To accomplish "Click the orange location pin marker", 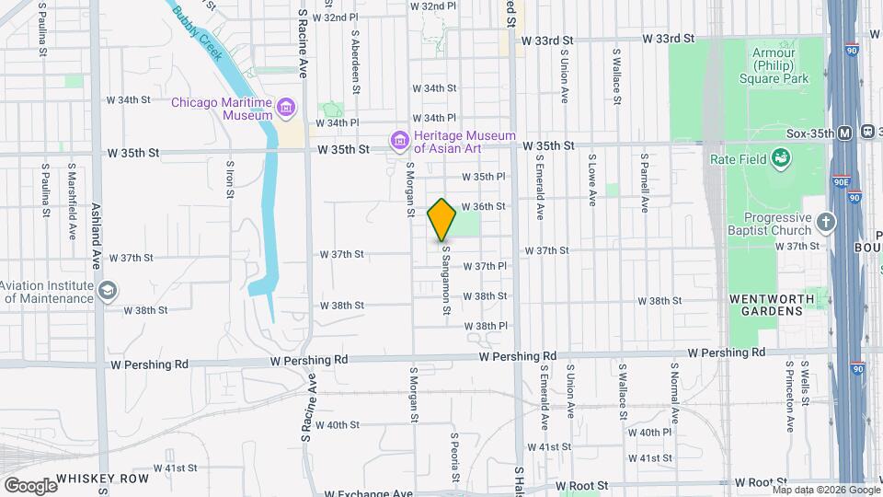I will click(x=441, y=220).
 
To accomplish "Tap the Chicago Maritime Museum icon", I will click(x=286, y=109).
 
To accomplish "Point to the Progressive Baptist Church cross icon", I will click(x=826, y=222).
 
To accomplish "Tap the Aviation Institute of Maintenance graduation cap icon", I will click(x=109, y=291).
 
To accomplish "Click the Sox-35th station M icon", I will click(x=844, y=133).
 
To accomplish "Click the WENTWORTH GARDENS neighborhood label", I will click(x=772, y=305).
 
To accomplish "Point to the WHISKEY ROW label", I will click(x=102, y=479).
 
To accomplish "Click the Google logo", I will click(x=29, y=485).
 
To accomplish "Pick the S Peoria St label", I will click(x=454, y=457).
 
